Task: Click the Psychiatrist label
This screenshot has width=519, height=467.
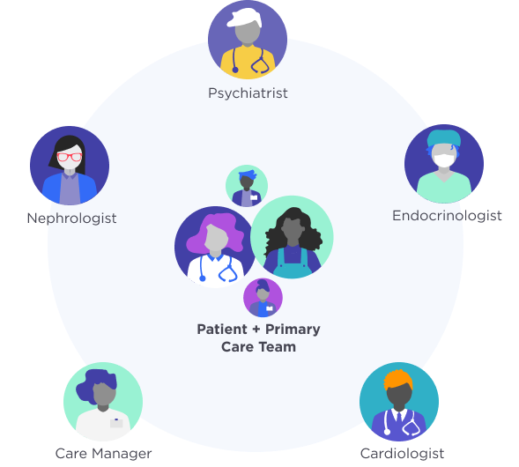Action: point(248,93)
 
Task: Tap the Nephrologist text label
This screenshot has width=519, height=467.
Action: point(71,219)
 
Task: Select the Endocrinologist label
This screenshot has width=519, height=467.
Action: point(447,216)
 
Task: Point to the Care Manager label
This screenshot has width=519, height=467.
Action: point(103,454)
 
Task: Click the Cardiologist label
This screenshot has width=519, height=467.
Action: point(402,454)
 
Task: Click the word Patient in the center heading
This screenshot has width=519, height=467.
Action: point(222,330)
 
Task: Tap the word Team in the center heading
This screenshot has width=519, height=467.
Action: point(277,347)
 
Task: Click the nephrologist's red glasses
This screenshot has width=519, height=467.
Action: point(70,157)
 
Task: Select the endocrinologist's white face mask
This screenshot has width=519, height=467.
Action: point(444,161)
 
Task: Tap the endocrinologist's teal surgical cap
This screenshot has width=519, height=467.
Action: point(444,138)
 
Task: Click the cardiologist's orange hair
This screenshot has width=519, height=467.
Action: point(398,380)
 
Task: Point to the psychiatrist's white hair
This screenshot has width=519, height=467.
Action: point(245,18)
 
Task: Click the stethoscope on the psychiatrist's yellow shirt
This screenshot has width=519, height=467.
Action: point(250,60)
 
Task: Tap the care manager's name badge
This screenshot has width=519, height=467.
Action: point(116,423)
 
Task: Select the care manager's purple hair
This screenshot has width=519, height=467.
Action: point(95,385)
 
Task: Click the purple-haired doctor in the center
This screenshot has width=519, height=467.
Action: point(215,247)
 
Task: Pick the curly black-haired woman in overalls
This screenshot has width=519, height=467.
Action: point(292,237)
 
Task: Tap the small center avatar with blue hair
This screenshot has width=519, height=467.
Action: point(247,186)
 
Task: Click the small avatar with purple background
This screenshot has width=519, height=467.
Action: point(263,298)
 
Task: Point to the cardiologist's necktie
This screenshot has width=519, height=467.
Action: point(399,418)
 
